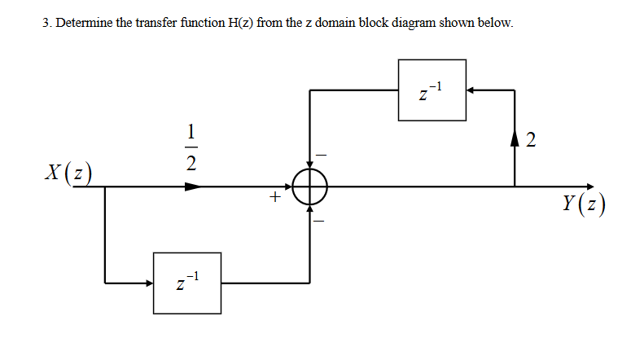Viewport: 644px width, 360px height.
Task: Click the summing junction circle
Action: coord(309,187)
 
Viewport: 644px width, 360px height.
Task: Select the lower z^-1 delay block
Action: coord(187,283)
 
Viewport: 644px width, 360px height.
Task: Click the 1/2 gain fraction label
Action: coord(191,147)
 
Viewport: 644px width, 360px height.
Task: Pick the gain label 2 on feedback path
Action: coord(531,140)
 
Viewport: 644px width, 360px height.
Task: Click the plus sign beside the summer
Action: coord(275,196)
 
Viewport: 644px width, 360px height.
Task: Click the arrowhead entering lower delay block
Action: coord(148,283)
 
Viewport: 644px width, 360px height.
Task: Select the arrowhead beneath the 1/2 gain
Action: coord(192,187)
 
